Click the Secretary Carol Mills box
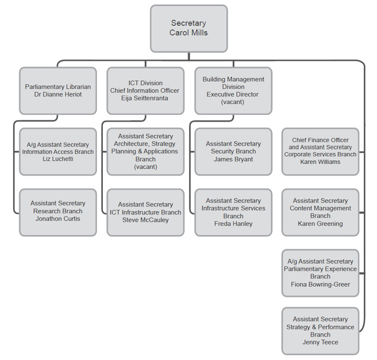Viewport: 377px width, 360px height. tap(188, 28)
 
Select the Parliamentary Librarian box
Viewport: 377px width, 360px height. tap(58, 90)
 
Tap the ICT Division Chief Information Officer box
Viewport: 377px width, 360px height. tap(146, 90)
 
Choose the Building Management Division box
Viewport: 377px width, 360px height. tap(233, 90)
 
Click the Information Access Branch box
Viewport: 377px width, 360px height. tap(58, 151)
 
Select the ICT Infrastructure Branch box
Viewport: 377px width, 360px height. tap(146, 212)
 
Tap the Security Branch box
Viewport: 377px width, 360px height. tap(233, 151)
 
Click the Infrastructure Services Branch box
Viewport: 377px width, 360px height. tap(233, 212)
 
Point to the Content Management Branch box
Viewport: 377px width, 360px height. tap(320, 212)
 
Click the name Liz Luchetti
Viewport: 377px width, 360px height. tap(58, 159)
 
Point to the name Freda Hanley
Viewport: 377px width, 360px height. tap(233, 223)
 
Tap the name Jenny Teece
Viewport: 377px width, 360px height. tap(320, 342)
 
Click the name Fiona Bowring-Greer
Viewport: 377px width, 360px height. tap(320, 284)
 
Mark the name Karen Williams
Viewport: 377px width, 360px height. tap(320, 162)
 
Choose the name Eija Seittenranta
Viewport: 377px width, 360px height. tap(146, 98)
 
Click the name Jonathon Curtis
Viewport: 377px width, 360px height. tap(58, 219)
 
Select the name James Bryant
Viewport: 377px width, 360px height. tap(233, 159)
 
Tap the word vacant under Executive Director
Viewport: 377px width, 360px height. tap(233, 102)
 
